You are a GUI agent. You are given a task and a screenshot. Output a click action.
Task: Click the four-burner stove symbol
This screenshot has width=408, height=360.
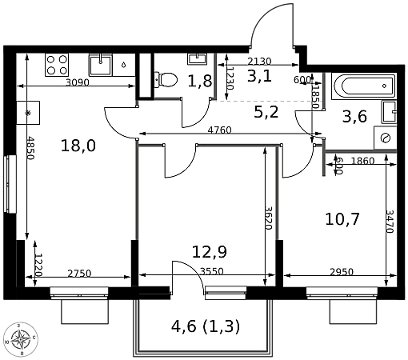(x=57, y=65)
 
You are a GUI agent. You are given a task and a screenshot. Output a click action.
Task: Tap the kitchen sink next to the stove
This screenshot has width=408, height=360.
(x=100, y=65)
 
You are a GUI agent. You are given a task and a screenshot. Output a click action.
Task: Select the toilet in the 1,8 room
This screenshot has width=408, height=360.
(x=166, y=80)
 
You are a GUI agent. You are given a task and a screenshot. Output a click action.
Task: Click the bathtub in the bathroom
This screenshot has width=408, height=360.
(x=363, y=86)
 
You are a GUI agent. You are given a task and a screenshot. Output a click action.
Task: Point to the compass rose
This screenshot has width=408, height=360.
(x=21, y=339)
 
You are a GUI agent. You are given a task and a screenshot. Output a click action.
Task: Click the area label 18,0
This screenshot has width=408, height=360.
(x=78, y=146)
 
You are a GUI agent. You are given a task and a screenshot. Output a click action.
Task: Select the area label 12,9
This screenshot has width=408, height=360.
(x=210, y=252)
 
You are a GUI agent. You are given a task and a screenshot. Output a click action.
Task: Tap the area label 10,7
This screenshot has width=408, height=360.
(x=342, y=219)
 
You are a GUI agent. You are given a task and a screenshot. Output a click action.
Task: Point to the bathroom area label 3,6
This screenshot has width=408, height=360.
(x=354, y=117)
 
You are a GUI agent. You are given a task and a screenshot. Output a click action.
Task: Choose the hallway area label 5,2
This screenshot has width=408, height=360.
(x=266, y=112)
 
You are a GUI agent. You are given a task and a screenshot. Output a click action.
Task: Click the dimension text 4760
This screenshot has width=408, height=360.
(x=219, y=130)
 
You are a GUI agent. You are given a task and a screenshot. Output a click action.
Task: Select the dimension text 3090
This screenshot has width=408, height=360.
(x=78, y=82)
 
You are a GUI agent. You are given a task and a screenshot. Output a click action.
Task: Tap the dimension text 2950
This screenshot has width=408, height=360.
(x=342, y=272)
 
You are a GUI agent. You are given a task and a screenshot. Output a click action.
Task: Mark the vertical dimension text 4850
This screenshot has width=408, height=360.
(x=30, y=148)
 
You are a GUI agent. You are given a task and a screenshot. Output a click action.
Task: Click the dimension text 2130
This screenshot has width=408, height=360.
(x=259, y=62)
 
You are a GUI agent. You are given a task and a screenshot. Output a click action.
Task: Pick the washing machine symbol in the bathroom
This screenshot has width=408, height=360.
(x=386, y=138)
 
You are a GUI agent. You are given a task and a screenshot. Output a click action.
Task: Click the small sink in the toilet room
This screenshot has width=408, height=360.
(x=198, y=58)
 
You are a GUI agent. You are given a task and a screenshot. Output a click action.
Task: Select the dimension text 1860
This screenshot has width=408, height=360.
(x=362, y=161)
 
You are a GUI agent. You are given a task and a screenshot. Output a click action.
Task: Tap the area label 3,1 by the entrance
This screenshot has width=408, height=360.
(x=259, y=76)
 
